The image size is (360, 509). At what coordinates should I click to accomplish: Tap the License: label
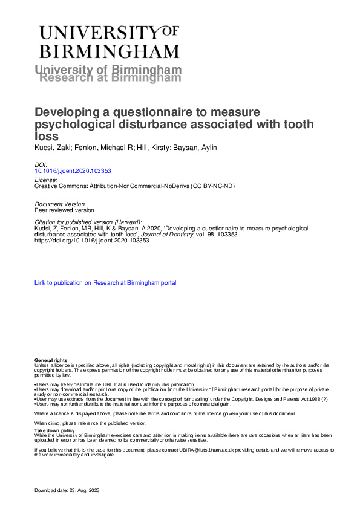pyautogui.click(x=46, y=180)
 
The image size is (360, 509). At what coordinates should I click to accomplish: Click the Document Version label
pyautogui.click(x=61, y=204)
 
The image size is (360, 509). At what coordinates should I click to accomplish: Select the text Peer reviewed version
pyautogui.click(x=64, y=210)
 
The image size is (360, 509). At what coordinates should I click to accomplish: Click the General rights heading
pyautogui.click(x=51, y=360)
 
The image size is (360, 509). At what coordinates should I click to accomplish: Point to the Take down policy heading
pyautogui.click(x=53, y=430)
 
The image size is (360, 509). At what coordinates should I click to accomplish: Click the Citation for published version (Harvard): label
pyautogui.click(x=88, y=222)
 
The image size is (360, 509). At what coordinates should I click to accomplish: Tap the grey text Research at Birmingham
pyautogui.click(x=110, y=77)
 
